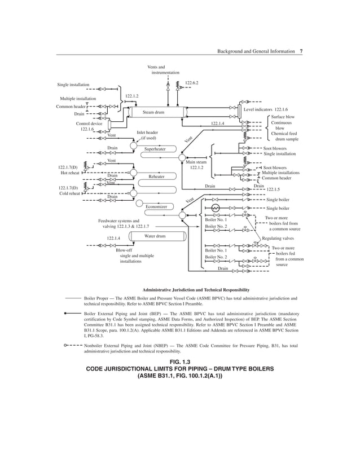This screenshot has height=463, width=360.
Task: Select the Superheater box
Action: click(155, 149)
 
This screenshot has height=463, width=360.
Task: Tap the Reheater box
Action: click(156, 177)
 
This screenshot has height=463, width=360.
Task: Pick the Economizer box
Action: click(156, 207)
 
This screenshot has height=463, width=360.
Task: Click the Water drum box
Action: click(155, 236)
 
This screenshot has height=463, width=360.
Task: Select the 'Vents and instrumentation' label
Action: click(164, 70)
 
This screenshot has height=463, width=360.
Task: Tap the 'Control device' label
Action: click(89, 123)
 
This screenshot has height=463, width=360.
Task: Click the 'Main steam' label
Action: click(196, 162)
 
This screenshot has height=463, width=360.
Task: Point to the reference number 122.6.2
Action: click(192, 83)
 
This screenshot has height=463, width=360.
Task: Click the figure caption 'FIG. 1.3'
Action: click(179, 360)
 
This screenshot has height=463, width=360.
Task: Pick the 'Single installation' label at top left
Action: click(73, 85)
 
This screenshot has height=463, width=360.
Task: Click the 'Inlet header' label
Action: click(147, 133)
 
